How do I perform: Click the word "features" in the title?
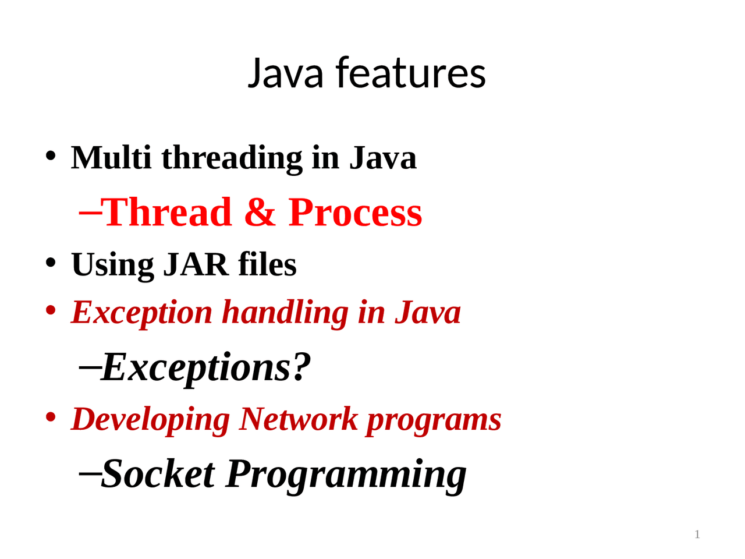410,73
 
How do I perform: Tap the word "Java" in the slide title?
285,73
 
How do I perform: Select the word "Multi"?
111,158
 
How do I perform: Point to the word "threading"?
232,159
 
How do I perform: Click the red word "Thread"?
168,212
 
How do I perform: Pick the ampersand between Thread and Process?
260,212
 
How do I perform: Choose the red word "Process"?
355,212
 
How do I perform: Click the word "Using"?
113,266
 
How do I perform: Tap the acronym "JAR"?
196,264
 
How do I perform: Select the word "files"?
267,264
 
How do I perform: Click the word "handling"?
285,313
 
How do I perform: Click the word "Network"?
299,419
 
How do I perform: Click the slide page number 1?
697,535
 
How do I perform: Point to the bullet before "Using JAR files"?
51,263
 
